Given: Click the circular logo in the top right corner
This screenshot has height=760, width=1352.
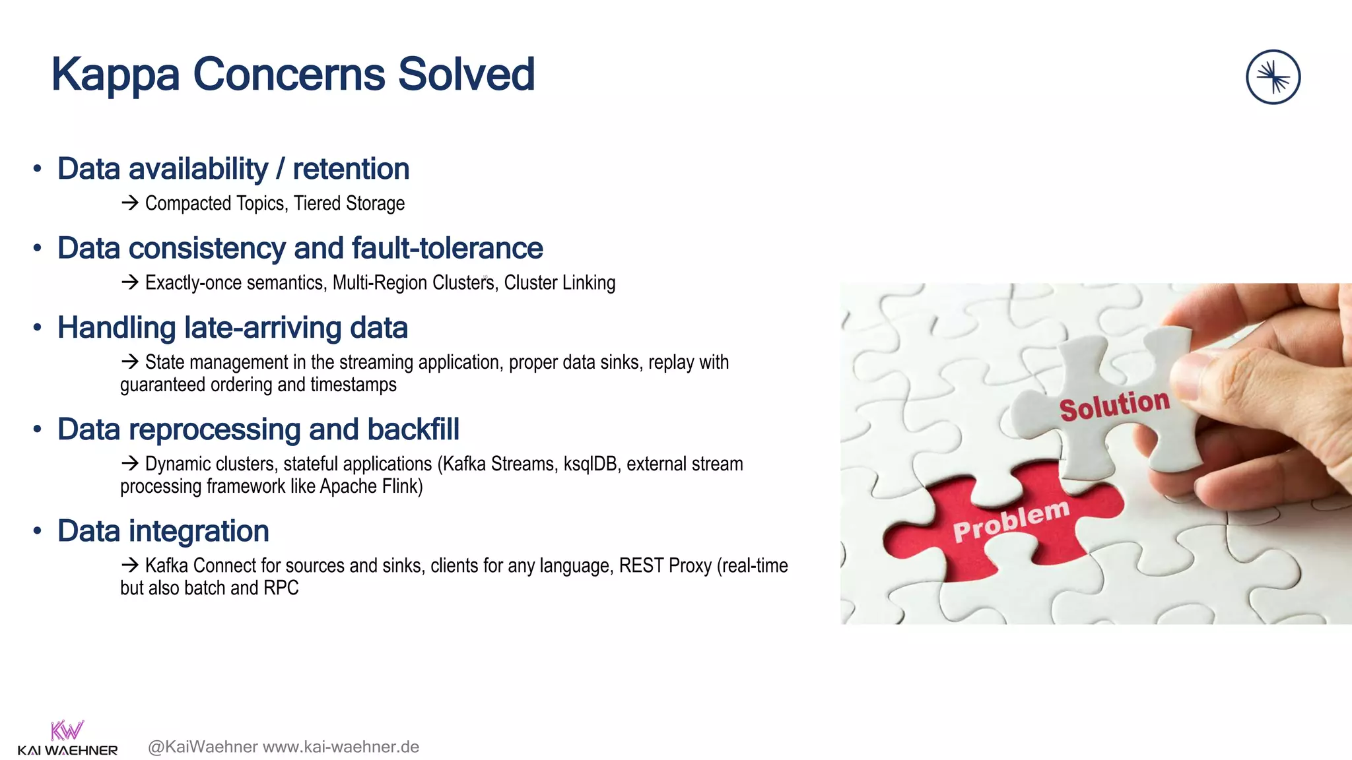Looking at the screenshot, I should click(1273, 77).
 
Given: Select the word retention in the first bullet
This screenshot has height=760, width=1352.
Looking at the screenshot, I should click(351, 169).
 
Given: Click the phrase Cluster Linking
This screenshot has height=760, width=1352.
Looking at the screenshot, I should click(559, 282).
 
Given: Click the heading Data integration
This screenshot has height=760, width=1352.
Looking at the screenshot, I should click(163, 531).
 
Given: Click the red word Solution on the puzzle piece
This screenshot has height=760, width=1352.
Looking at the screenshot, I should click(1114, 404).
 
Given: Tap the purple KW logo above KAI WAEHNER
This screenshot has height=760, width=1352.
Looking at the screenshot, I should click(67, 730).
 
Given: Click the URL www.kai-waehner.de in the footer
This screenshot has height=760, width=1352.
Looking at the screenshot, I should click(341, 747).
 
